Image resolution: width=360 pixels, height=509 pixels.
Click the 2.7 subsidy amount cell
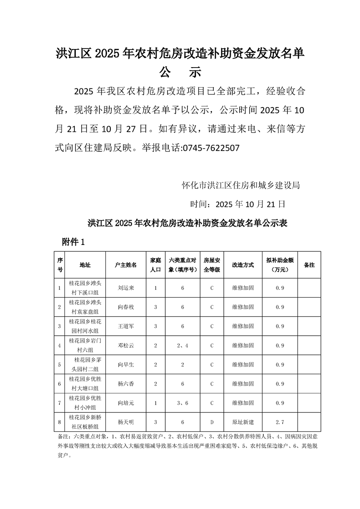(x=280, y=422)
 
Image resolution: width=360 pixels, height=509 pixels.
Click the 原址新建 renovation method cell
(x=242, y=422)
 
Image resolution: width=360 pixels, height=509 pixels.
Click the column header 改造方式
(x=242, y=264)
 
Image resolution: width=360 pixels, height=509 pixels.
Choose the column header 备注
(x=309, y=264)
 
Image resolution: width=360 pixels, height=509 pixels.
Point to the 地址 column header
(x=85, y=264)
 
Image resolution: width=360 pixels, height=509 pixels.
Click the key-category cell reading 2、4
(x=182, y=346)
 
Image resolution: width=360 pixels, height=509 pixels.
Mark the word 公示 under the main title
(x=180, y=72)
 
